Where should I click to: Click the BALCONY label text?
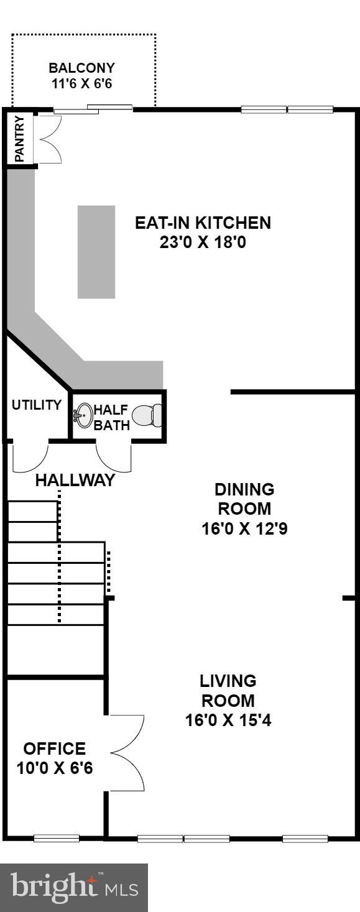82,68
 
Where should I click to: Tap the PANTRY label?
19,138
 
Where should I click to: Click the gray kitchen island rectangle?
96,252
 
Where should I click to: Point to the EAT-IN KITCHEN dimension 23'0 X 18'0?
203,242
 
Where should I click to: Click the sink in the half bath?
83,413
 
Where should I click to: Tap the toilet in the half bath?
148,415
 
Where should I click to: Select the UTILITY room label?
37,405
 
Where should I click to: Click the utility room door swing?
30,456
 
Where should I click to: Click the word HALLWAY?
75,480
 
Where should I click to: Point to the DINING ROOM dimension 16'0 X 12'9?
244,529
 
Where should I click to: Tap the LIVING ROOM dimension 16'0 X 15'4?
228,721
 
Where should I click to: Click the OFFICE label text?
55,748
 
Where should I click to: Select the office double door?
127,752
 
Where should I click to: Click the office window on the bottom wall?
57,838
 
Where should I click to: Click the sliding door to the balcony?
93,109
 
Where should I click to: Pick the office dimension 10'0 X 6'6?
55,768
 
